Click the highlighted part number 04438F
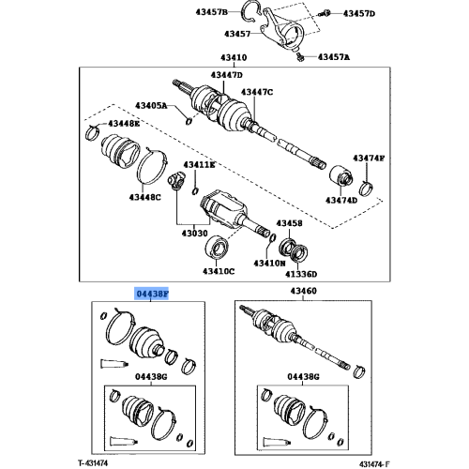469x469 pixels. tap(154, 294)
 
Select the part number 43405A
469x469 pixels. tap(154, 107)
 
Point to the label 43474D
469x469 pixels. tap(340, 200)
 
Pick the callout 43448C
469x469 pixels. tap(145, 197)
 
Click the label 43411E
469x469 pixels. tap(199, 164)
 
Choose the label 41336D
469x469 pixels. tap(302, 275)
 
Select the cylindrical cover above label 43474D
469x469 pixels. tap(340, 176)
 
